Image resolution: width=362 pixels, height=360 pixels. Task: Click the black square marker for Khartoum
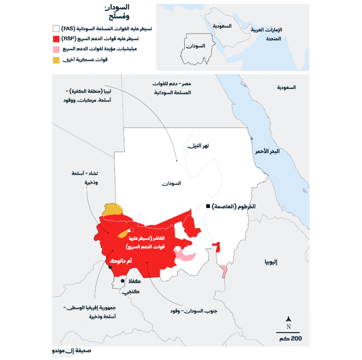[207, 206]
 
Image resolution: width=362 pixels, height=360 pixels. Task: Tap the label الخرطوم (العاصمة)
[233, 207]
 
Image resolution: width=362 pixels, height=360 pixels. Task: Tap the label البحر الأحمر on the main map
[267, 152]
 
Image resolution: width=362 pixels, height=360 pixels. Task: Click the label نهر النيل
[198, 146]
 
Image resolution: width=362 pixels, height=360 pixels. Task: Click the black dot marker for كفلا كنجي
[122, 281]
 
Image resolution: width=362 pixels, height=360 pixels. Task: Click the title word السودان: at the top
[117, 8]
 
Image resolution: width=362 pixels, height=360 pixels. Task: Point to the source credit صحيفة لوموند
[72, 351]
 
